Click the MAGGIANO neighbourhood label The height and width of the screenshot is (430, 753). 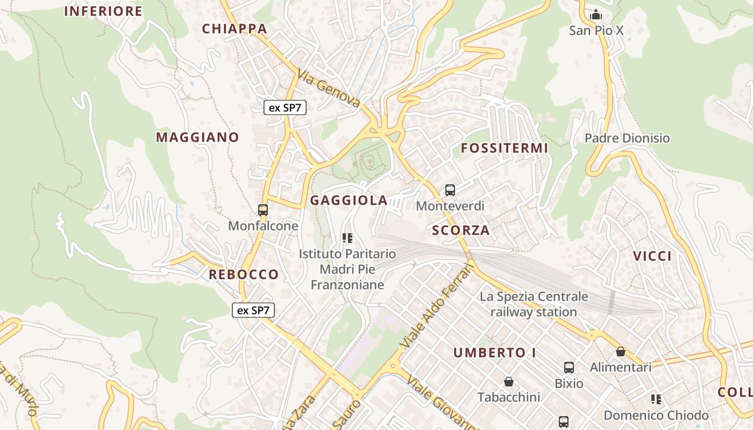tap(197, 137)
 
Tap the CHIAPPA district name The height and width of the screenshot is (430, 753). tap(235, 28)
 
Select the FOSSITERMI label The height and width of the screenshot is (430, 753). tap(505, 148)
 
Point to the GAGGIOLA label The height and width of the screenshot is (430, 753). tap(349, 200)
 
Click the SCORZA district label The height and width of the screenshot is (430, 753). tap(461, 231)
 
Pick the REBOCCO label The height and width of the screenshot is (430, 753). tap(244, 274)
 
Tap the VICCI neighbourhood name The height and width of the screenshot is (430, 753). tap(652, 256)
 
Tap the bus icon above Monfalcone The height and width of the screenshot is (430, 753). tap(263, 210)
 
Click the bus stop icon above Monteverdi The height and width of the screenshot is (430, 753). tap(450, 190)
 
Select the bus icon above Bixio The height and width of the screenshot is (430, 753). tap(569, 368)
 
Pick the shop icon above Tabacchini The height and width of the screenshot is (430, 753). tap(509, 382)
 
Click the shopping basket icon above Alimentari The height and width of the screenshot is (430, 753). tap(621, 352)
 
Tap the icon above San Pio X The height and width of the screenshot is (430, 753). tap(596, 15)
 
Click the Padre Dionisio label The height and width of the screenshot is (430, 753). tap(627, 138)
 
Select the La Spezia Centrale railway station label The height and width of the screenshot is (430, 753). tap(534, 304)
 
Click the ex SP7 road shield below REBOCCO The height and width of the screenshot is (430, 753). tap(253, 310)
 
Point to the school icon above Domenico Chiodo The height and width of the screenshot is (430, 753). tap(656, 399)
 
